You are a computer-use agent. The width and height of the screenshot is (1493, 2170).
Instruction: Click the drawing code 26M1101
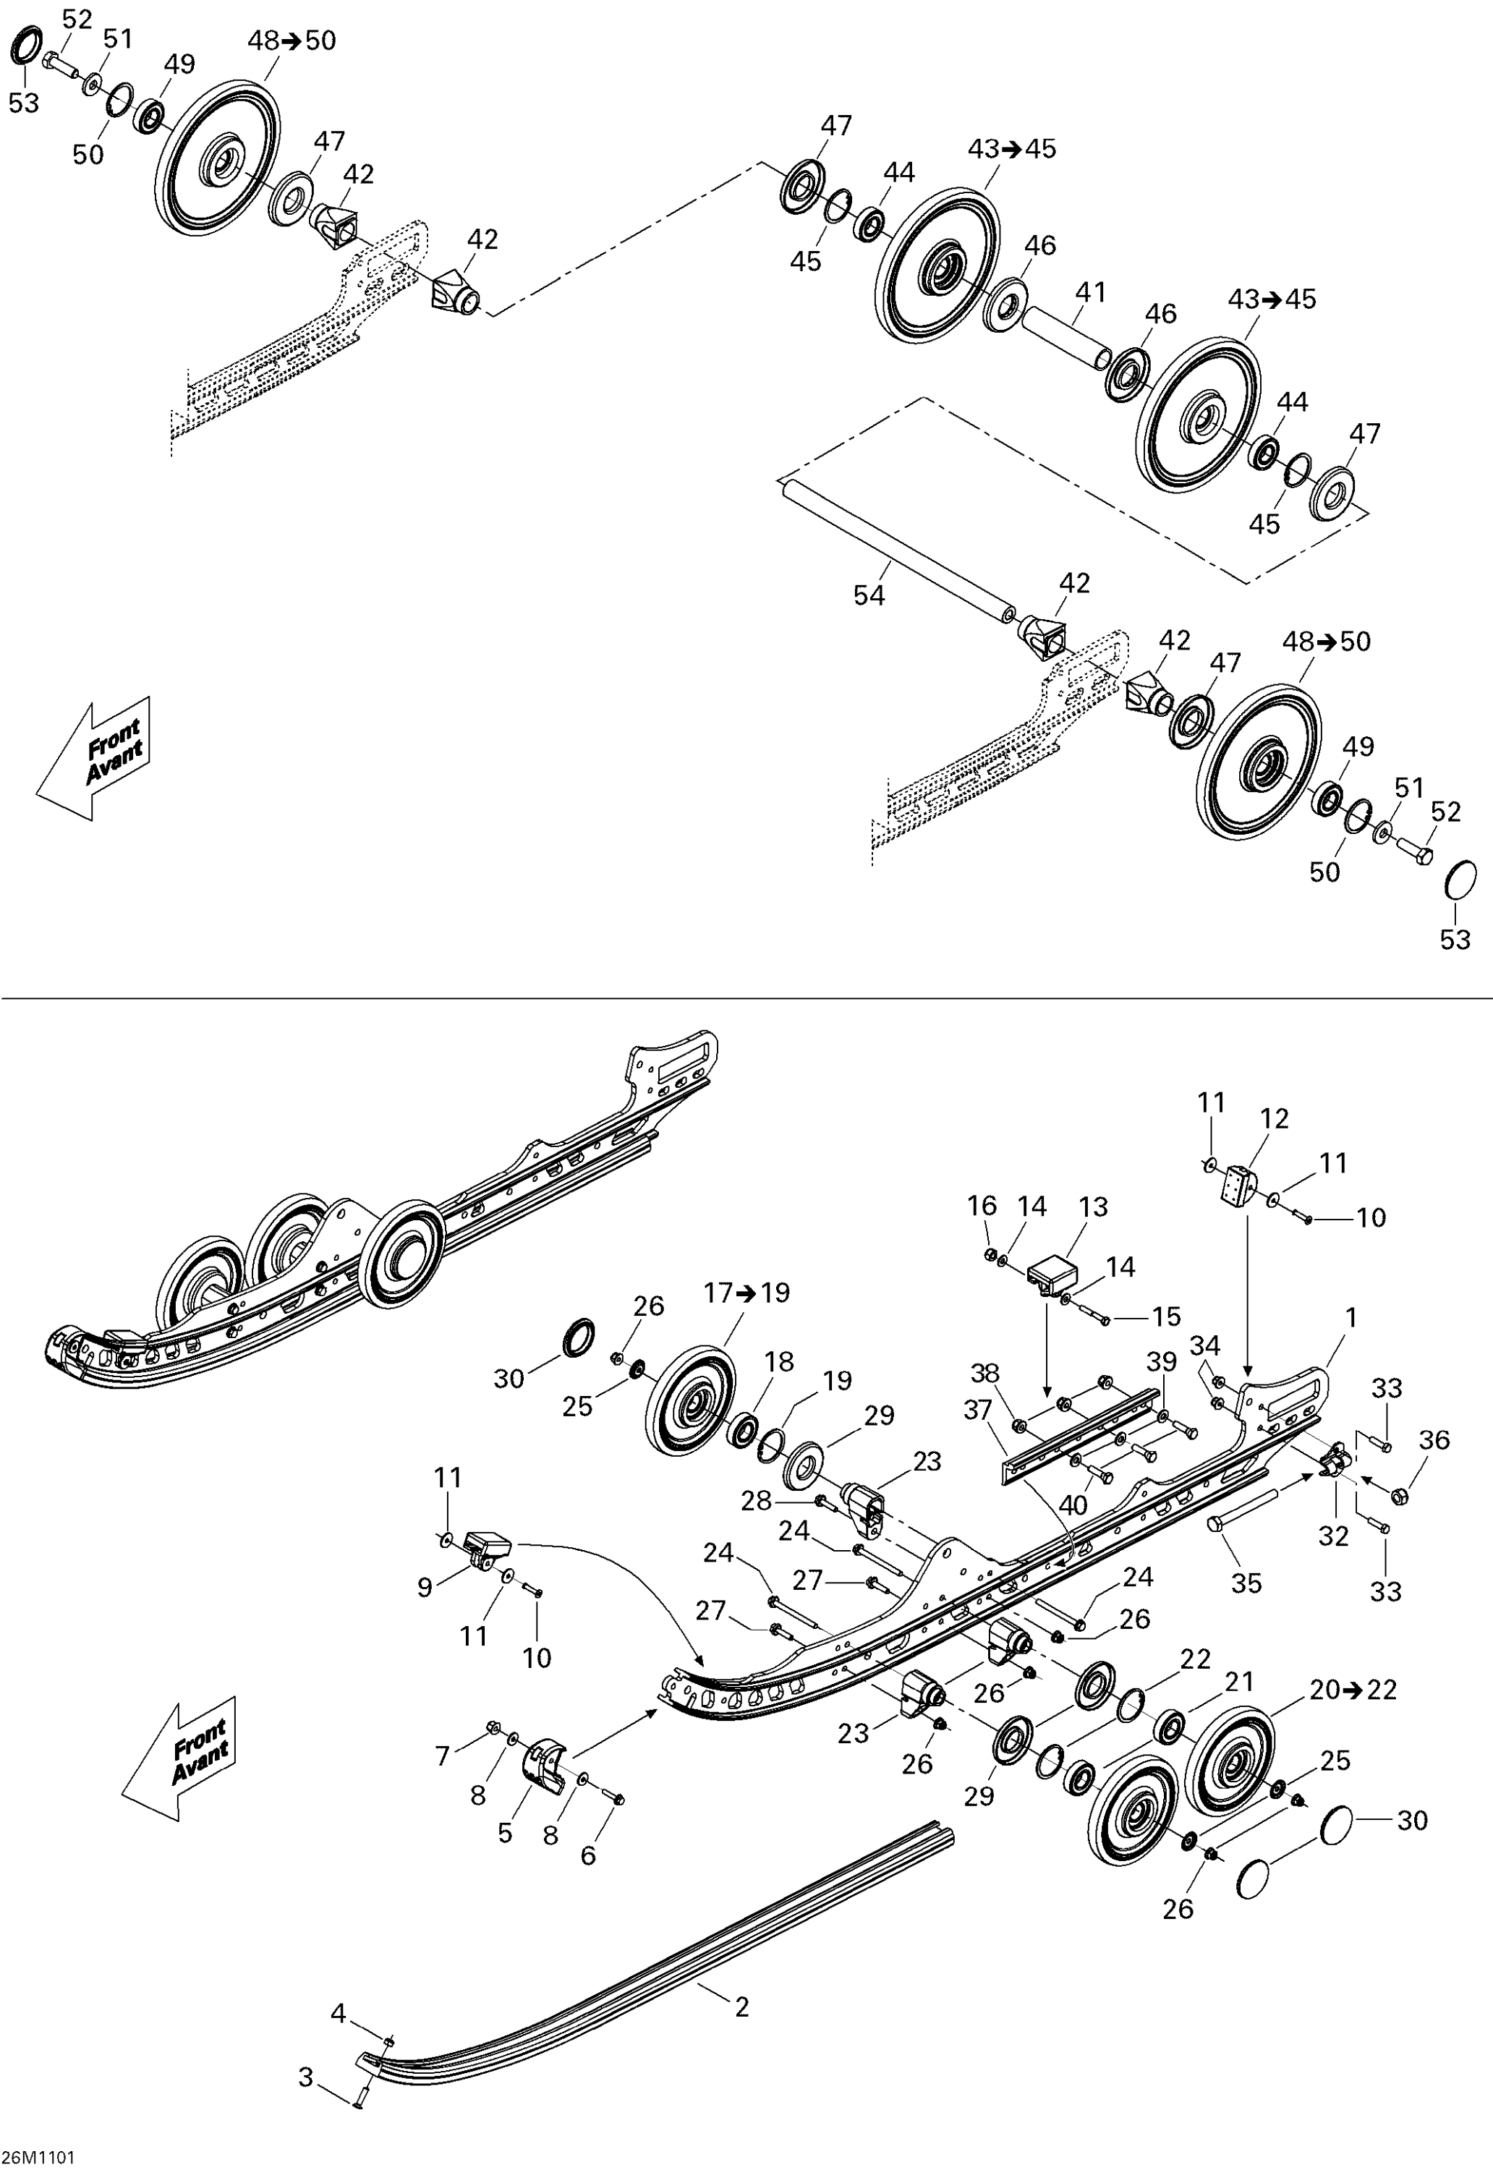click(x=38, y=2157)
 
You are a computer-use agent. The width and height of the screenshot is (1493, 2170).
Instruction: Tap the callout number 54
click(x=868, y=595)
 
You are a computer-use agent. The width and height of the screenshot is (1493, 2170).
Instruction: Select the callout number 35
click(x=1246, y=1583)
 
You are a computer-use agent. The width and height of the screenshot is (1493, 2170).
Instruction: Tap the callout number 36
click(x=1434, y=1439)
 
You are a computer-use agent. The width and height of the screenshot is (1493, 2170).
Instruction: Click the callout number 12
click(x=1274, y=1119)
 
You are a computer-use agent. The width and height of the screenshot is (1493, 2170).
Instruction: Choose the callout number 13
click(x=1092, y=1207)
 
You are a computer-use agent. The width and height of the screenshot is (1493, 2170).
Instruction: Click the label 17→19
click(x=746, y=1293)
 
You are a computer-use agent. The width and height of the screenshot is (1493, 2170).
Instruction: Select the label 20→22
click(x=1353, y=1689)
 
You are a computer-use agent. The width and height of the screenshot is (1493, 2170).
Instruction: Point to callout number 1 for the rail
click(x=1350, y=1318)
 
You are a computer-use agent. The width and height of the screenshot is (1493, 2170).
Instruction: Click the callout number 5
click(x=505, y=1833)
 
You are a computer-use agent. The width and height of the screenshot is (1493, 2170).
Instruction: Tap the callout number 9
click(x=425, y=1587)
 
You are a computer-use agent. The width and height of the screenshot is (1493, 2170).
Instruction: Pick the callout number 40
click(x=1073, y=1505)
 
